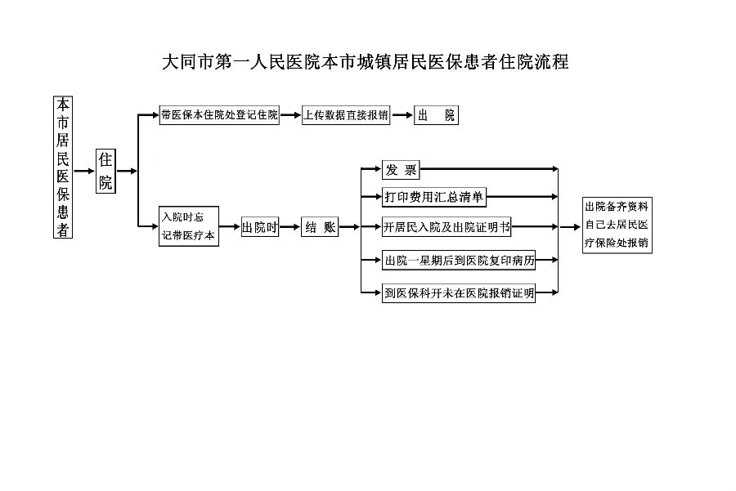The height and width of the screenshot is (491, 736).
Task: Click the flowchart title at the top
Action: [366, 62]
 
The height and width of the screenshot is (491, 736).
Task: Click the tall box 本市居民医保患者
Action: [63, 167]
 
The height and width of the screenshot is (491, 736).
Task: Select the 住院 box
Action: [105, 172]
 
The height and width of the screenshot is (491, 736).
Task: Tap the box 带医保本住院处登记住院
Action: [219, 115]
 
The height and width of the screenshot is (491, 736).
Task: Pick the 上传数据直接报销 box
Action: [346, 115]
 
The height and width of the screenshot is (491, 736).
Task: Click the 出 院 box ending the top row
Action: [436, 115]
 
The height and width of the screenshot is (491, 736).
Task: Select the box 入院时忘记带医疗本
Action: [189, 226]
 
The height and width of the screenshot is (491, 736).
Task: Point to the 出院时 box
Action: [260, 227]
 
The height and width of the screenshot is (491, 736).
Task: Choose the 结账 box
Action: [320, 227]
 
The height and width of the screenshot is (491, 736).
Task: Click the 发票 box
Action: [401, 170]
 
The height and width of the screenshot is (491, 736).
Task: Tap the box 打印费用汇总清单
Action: [434, 197]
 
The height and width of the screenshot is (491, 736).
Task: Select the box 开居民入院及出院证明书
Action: [447, 227]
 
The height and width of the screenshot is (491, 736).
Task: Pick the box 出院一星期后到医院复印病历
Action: [459, 260]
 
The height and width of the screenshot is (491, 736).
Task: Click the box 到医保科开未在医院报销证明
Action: [459, 293]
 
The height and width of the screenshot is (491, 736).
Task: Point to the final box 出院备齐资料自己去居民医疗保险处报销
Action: [617, 225]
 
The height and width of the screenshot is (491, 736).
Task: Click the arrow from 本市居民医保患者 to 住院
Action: [84, 172]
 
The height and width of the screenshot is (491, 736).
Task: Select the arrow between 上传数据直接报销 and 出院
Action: [402, 115]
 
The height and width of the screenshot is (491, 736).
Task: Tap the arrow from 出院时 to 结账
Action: [289, 227]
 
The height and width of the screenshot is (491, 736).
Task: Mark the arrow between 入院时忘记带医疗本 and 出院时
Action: [230, 227]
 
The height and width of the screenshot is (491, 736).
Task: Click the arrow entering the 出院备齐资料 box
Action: [570, 227]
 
